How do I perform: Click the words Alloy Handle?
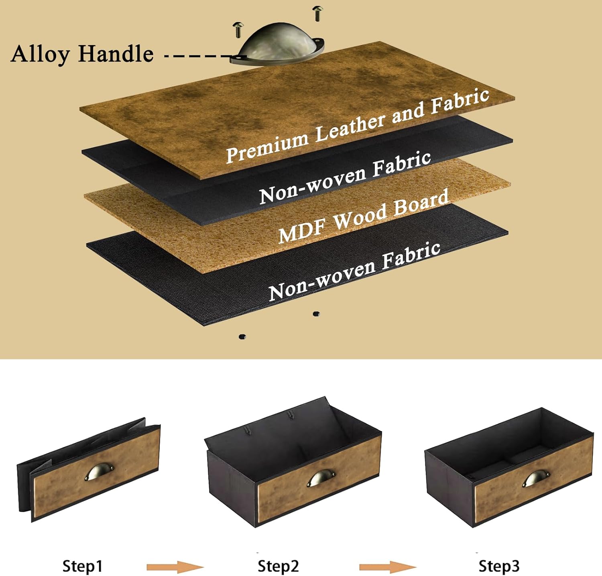tap(82, 54)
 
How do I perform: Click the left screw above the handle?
tap(237, 30)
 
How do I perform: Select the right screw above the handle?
tap(317, 13)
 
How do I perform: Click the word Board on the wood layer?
tap(421, 203)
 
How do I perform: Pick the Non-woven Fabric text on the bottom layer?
tap(354, 271)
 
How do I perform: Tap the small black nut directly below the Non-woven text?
tap(316, 314)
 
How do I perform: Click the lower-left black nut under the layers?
tap(242, 337)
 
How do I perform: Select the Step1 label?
tap(82, 566)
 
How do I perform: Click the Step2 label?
tap(278, 566)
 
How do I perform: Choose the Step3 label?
tap(499, 566)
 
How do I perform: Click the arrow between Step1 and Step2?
tap(175, 567)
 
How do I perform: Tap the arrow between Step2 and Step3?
tap(388, 567)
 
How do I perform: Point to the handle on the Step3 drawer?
tap(537, 479)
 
